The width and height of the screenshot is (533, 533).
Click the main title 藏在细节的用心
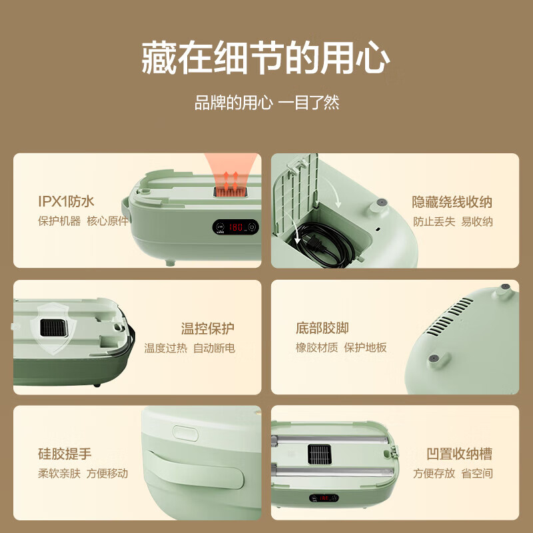[x=266, y=59]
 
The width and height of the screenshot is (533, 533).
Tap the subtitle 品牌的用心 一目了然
[x=266, y=103]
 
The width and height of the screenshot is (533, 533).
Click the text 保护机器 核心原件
[x=83, y=221]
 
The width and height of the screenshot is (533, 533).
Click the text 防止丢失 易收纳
[x=452, y=221]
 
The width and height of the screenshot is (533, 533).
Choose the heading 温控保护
[x=208, y=328]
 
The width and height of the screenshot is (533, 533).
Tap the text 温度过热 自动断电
[x=189, y=348]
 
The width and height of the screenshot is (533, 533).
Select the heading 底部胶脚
[x=322, y=328]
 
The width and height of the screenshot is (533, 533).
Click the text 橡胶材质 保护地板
[x=340, y=348]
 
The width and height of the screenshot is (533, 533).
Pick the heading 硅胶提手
[x=65, y=454]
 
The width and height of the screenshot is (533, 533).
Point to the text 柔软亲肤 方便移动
[x=83, y=474]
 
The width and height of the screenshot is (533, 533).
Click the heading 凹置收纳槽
[x=459, y=454]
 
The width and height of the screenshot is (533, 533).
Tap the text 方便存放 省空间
[x=452, y=474]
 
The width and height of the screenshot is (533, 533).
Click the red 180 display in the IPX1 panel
[x=236, y=227]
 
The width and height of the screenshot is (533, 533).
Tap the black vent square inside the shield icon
[x=51, y=327]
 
